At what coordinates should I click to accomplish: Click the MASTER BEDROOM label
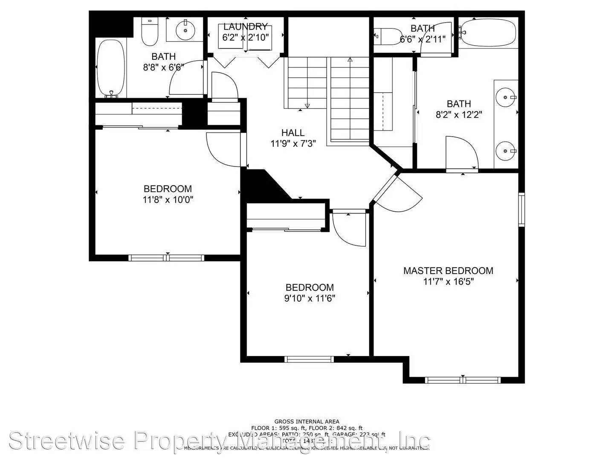[448, 271]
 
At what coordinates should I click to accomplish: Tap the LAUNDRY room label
[245, 27]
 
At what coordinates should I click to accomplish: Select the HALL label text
[293, 133]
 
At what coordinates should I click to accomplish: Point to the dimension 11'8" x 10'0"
[168, 199]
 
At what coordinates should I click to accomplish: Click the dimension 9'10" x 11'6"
[310, 298]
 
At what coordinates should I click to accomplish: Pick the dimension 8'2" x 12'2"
[459, 115]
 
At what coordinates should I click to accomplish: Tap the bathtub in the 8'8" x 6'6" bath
[111, 68]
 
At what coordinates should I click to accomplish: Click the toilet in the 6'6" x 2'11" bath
[388, 37]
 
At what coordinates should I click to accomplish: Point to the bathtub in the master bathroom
[488, 33]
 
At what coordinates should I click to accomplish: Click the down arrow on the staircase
[307, 105]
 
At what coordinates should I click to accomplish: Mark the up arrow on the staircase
[350, 60]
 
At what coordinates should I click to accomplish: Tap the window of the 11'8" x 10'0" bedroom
[166, 258]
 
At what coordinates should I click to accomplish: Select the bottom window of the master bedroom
[463, 380]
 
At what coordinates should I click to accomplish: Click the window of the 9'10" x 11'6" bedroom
[309, 359]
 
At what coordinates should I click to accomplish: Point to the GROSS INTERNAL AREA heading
[307, 422]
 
